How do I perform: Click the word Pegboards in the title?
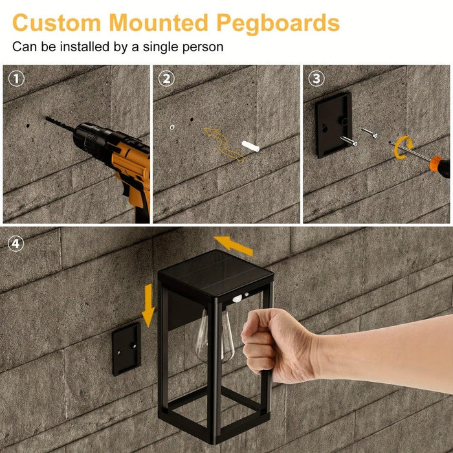(278, 23)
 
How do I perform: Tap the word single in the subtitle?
(149, 47)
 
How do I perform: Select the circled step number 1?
(16, 79)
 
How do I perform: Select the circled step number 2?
(166, 79)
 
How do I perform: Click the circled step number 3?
(316, 79)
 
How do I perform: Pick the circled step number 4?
(16, 244)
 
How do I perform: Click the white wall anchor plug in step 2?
(249, 146)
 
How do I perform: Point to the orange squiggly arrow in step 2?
(223, 142)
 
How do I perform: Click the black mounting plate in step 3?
(334, 124)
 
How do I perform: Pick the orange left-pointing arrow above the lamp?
(234, 245)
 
